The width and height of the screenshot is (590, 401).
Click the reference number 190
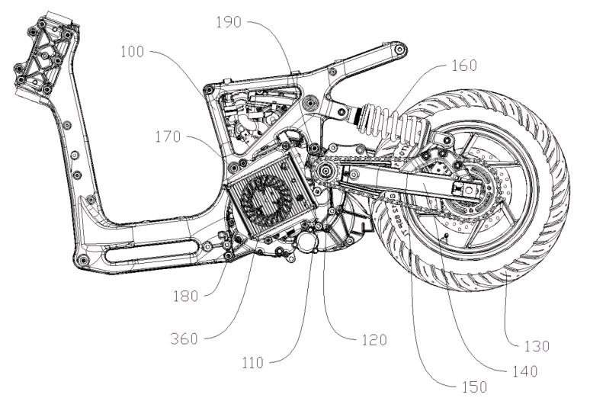pyautogui.click(x=229, y=22)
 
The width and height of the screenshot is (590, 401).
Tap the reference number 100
pyautogui.click(x=132, y=52)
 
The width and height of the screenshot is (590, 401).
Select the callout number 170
pyautogui.click(x=168, y=136)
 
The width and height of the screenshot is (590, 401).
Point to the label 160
pyautogui.click(x=464, y=66)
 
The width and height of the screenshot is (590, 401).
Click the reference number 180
pyautogui.click(x=185, y=297)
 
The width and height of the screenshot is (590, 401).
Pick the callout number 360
pyautogui.click(x=184, y=339)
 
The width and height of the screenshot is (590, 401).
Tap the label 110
pyautogui.click(x=253, y=363)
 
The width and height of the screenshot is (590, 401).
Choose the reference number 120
pyautogui.click(x=374, y=340)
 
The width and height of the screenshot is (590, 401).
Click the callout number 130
pyautogui.click(x=537, y=346)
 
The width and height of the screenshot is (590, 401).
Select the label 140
pyautogui.click(x=525, y=371)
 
